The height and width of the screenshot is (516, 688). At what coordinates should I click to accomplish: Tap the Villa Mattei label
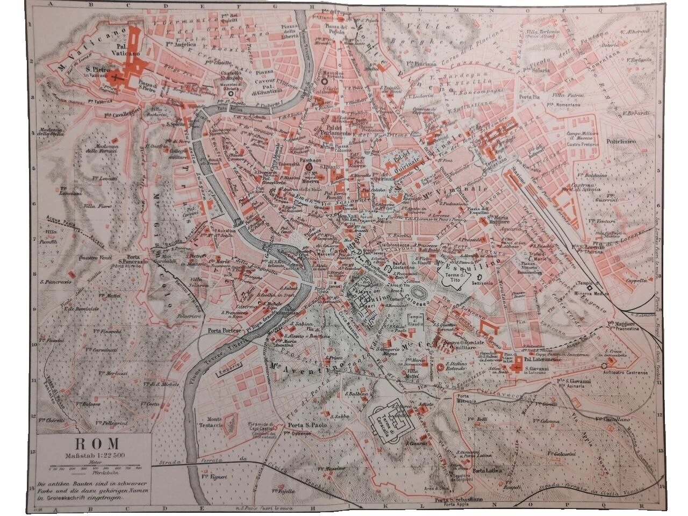412,374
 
